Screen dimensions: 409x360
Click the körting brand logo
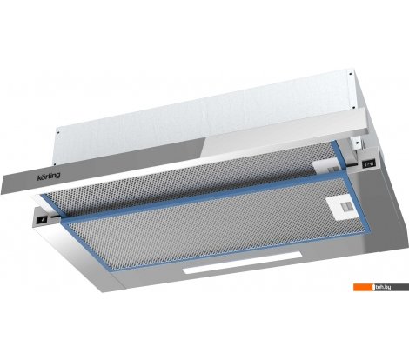click(x=49, y=177)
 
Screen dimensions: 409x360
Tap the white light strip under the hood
click(x=242, y=263)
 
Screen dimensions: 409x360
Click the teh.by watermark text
click(x=384, y=287)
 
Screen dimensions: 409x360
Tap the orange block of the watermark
click(x=363, y=287)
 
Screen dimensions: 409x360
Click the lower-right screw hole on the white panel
click(x=353, y=108)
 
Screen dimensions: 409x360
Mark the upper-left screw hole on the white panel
click(x=58, y=132)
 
